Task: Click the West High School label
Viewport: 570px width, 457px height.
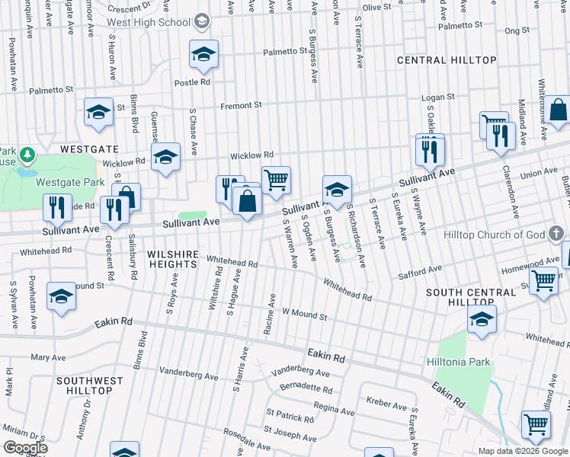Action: pos(162,22)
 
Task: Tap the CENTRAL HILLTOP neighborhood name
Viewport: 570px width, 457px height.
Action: pos(447,60)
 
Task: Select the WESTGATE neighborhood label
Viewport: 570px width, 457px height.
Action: pos(90,149)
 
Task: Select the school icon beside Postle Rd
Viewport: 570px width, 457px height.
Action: pos(203,54)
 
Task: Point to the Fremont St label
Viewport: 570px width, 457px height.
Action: pos(241,106)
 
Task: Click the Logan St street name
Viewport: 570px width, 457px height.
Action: pos(438,97)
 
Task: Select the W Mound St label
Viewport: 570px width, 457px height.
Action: pos(304,312)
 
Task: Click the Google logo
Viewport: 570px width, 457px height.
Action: pos(25,448)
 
